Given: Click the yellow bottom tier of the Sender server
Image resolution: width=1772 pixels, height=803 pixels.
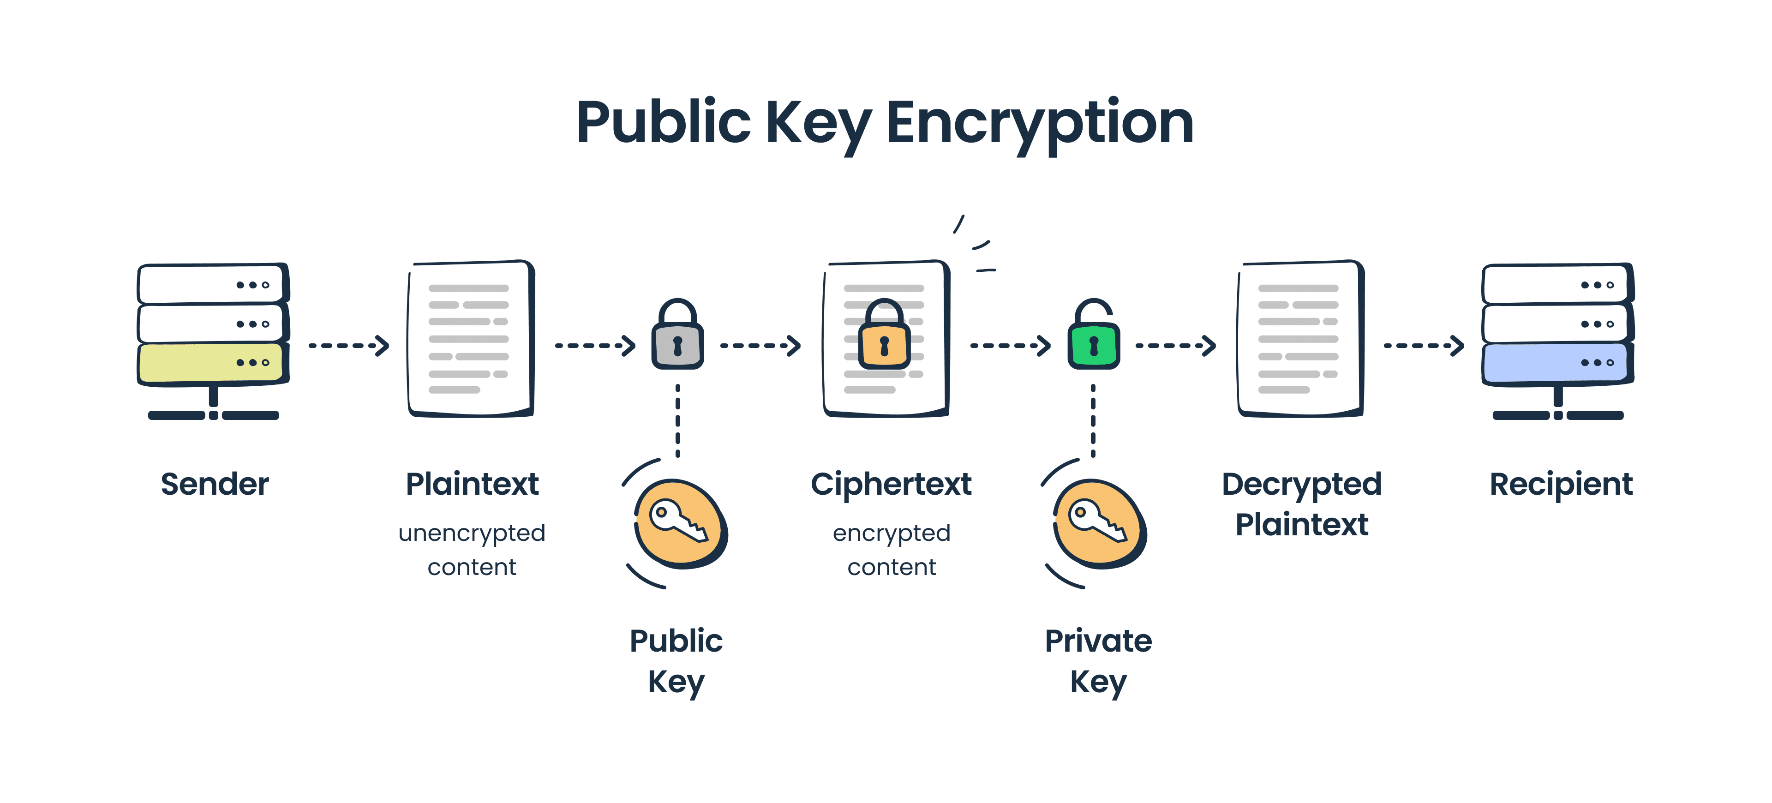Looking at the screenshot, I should pos(210,363).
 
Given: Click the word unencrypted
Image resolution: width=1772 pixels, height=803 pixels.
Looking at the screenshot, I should pos(472,533).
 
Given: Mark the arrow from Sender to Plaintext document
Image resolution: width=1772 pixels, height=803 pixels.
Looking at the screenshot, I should pos(349,345).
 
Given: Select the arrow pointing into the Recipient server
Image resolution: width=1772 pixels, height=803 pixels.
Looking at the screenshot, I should pos(1423,345).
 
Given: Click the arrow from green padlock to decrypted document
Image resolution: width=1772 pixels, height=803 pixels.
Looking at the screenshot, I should pos(1175,345).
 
